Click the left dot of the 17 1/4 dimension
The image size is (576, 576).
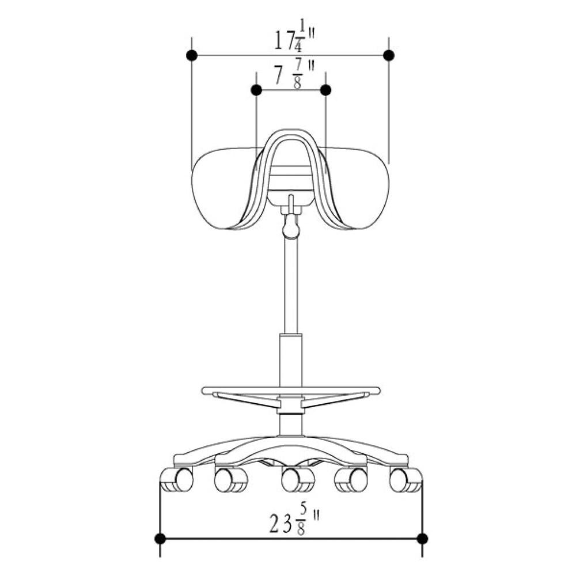point(192,55)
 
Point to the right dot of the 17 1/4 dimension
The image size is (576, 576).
point(389,55)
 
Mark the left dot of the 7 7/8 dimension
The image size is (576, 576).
point(257,90)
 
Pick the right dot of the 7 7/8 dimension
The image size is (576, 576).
point(325,90)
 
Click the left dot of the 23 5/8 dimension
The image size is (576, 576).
point(160,539)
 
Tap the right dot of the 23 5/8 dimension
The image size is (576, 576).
point(422,539)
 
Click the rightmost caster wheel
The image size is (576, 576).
point(406,480)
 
